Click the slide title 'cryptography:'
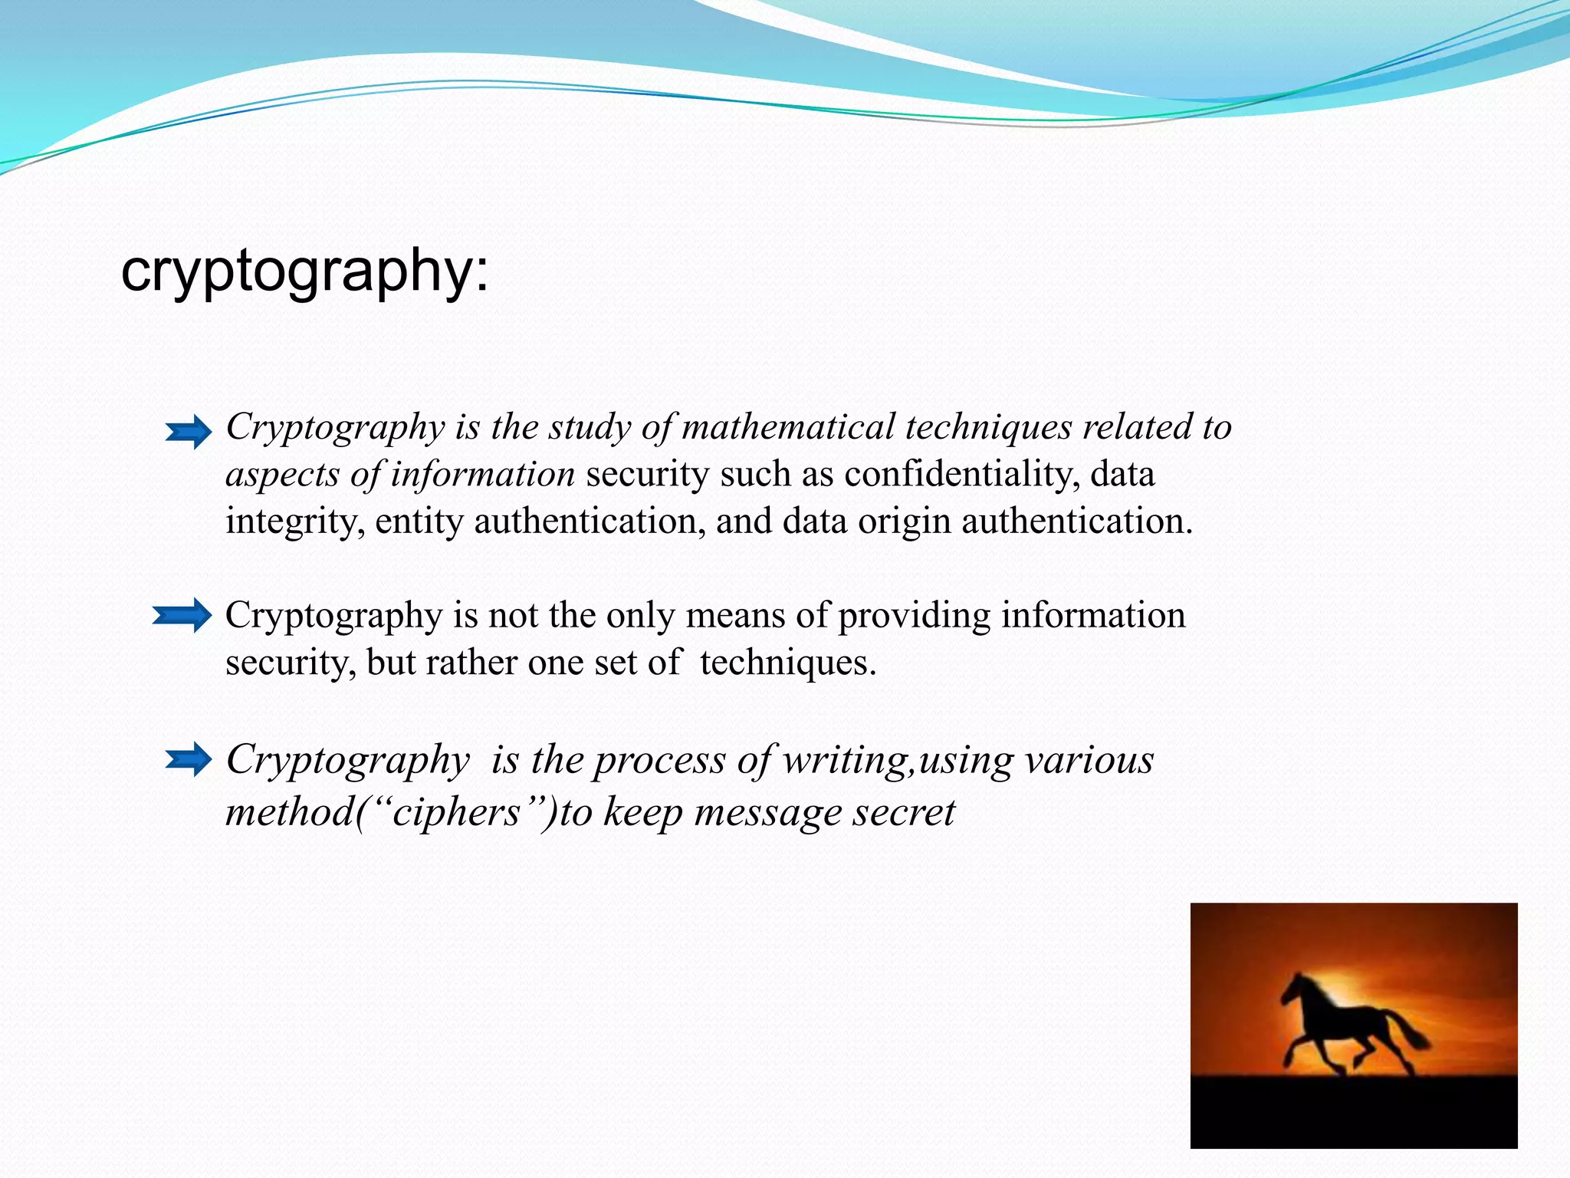(x=304, y=271)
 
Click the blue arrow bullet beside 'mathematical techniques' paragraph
(x=189, y=433)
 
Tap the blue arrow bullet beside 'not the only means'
(x=182, y=615)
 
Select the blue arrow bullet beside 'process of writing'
(x=189, y=759)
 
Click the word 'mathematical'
(x=788, y=426)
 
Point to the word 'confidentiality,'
(x=962, y=474)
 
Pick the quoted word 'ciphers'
(x=456, y=812)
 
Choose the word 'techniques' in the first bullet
(x=988, y=426)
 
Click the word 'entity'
(x=419, y=522)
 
